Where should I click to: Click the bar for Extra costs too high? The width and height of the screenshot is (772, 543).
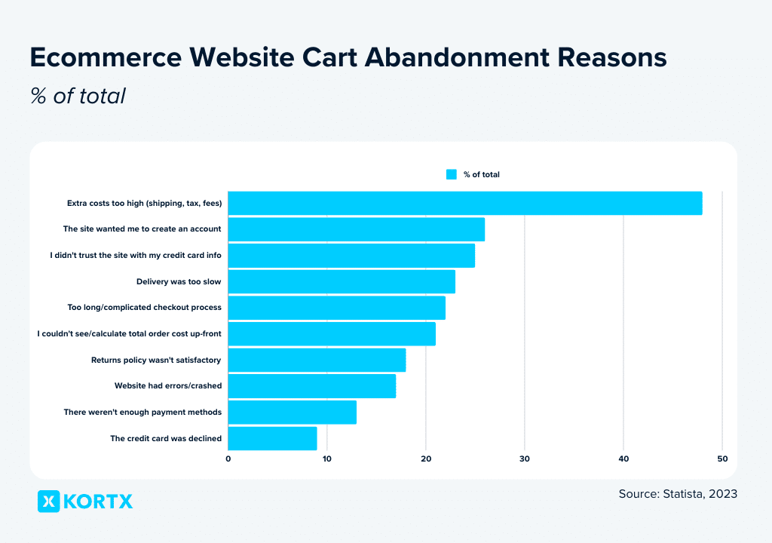[x=464, y=203]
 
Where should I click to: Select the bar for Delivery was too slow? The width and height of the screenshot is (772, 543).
[x=342, y=281]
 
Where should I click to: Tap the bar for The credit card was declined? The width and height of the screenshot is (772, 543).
[x=272, y=438]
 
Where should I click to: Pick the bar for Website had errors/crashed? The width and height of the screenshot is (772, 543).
[x=311, y=386]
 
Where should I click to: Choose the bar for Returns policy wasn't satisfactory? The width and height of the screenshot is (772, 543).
[x=317, y=360]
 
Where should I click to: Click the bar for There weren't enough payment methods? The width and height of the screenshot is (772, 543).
[x=292, y=413]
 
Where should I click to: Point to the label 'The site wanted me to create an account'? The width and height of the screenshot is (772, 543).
[x=142, y=229]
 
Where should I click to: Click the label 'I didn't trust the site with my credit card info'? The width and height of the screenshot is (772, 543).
[x=136, y=255]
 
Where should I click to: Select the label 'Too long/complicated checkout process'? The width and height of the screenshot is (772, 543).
[x=144, y=308]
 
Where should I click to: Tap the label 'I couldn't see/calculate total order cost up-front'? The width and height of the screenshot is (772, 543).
[x=129, y=333]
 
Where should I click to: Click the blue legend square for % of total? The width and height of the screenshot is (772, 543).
[x=452, y=174]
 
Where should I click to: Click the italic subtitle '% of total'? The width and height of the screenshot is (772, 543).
[x=78, y=97]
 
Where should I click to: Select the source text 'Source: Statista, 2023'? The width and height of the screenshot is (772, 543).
[x=677, y=494]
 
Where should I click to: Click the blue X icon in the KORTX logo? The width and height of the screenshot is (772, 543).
[x=48, y=501]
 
